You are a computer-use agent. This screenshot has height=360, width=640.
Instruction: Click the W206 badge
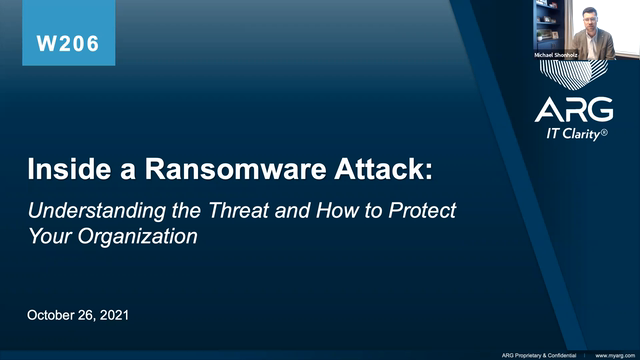68,44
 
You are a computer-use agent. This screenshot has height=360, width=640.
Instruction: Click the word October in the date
56,316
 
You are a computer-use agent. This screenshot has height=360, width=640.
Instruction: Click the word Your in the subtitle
47,237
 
